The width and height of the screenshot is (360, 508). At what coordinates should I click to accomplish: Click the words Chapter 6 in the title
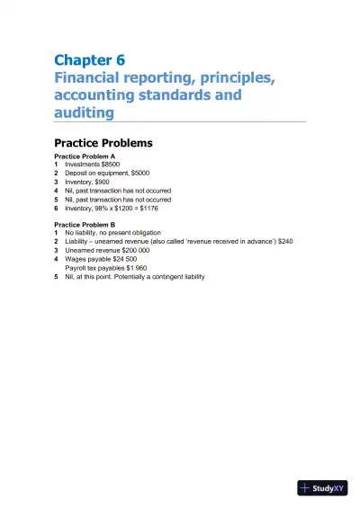[89, 61]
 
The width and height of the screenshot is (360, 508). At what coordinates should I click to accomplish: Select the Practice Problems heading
[103, 143]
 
